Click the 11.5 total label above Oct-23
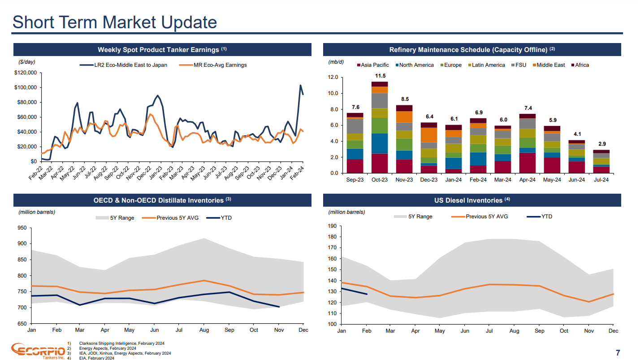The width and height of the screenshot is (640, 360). (380, 76)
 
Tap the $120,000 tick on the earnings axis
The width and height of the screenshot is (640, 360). (26, 73)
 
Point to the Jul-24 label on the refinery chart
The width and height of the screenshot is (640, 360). (601, 180)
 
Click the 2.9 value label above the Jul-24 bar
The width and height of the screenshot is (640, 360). (601, 144)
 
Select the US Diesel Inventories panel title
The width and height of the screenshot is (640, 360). (472, 200)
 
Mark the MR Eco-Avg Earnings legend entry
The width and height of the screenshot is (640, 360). (220, 65)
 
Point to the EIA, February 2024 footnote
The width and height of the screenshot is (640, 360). (96, 358)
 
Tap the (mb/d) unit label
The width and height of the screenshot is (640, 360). (336, 62)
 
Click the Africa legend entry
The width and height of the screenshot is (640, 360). (582, 65)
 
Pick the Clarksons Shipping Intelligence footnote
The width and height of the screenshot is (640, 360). (121, 343)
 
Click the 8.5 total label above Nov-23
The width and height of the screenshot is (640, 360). (405, 99)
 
